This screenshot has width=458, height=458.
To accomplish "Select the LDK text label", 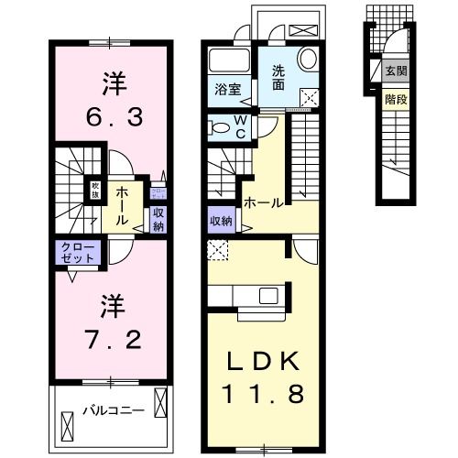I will coord(262,362).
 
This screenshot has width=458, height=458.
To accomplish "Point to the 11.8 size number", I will coord(262,396).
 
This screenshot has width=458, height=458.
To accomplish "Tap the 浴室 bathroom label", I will coord(227,89).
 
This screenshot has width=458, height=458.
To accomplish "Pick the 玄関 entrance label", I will coord(396,72).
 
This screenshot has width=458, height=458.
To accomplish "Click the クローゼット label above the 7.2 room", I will coord(77,254).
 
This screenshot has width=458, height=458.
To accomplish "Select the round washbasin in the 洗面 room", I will coord(307,59).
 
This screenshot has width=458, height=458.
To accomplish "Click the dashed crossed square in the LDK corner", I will coord(216,248).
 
